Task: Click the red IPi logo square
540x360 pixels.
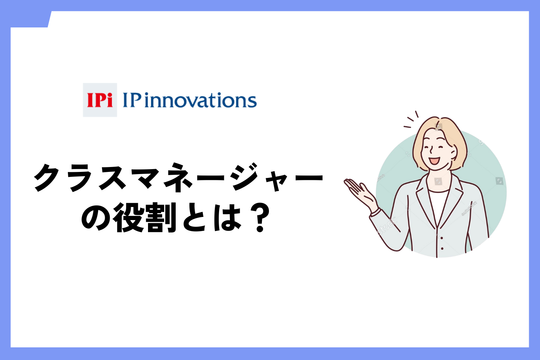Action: [100, 100]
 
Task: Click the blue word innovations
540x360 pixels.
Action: [201, 100]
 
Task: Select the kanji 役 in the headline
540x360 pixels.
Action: [129, 217]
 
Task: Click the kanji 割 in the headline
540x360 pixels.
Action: [161, 217]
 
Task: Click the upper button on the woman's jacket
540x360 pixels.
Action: [442, 238]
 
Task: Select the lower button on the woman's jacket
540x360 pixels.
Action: [442, 248]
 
